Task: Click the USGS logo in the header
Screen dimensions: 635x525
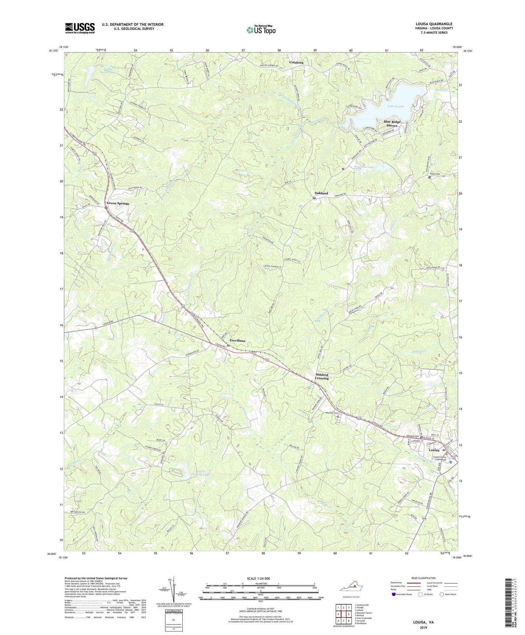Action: tap(80, 28)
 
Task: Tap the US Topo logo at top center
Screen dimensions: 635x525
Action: tap(261, 30)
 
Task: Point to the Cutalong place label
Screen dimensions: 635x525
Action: tap(296, 62)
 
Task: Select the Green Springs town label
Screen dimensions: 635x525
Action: tap(118, 203)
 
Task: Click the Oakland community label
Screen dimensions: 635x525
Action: tap(321, 193)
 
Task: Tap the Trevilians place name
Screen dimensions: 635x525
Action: tap(237, 340)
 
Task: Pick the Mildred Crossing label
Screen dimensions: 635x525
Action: tap(322, 376)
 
